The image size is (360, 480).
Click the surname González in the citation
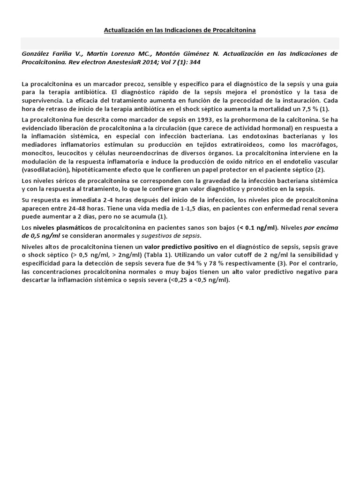[x=35, y=54]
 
